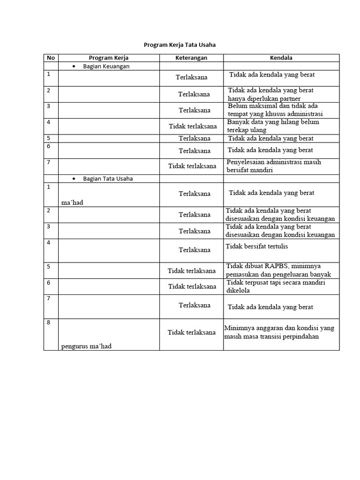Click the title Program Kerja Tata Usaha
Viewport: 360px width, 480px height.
tap(180, 45)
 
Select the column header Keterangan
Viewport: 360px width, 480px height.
tap(191, 58)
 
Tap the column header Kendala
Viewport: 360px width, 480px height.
tap(281, 58)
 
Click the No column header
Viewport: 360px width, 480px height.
tap(51, 58)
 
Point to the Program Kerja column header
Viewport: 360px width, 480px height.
tap(109, 58)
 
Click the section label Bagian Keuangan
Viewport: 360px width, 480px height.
tap(106, 66)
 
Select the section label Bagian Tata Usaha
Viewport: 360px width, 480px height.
tap(108, 179)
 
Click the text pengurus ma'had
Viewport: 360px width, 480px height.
tap(86, 346)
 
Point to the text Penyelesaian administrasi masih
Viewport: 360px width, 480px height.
tap(274, 162)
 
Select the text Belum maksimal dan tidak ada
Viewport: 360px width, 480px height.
tap(273, 106)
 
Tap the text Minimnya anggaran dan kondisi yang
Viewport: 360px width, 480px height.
tap(279, 328)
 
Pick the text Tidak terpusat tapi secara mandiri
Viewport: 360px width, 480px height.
tap(276, 282)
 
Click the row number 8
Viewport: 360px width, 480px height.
tap(49, 322)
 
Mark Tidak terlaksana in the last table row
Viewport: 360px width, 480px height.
tap(192, 332)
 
